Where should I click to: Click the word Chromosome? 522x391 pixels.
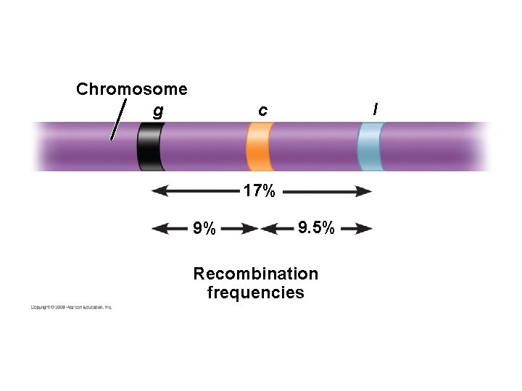[x=131, y=89]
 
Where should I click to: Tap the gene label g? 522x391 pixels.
[x=158, y=112]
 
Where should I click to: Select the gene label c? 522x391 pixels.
[x=262, y=111]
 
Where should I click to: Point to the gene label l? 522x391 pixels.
[x=375, y=109]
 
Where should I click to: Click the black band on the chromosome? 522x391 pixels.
[x=150, y=146]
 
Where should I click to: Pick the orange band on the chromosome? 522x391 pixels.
[x=259, y=146]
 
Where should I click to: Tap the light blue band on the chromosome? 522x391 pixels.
[x=370, y=146]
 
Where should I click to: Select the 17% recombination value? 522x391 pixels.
[x=259, y=192]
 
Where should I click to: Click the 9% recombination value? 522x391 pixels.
[x=204, y=230]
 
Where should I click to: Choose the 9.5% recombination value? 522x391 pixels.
[x=316, y=229]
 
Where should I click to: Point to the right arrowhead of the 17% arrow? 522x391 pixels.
[x=366, y=191]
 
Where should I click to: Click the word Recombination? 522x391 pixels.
[x=255, y=274]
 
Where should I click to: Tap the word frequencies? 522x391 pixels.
[x=255, y=293]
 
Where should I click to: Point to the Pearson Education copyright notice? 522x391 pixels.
[x=71, y=307]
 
